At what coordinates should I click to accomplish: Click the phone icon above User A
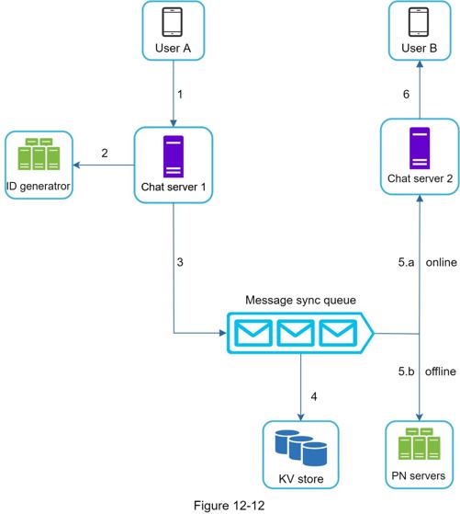point(173,22)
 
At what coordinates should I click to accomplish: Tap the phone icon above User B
point(419,22)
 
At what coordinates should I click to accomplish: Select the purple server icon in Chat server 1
point(174,156)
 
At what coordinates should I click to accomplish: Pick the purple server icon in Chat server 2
point(420,148)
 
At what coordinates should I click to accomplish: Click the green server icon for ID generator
point(39,154)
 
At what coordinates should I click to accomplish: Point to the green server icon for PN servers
point(420,443)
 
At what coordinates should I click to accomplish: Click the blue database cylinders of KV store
point(301,448)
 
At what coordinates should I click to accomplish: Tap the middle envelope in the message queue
point(296,333)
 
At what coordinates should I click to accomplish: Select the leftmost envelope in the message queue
point(253,333)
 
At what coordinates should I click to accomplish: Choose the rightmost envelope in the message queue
point(338,333)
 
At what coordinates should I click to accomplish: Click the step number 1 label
point(180,95)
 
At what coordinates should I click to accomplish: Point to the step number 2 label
point(105,153)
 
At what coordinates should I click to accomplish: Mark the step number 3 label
point(180,262)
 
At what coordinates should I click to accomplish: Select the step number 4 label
point(314,397)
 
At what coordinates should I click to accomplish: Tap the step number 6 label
point(406,95)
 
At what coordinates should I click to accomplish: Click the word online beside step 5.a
point(442,262)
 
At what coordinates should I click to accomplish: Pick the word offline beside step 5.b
point(441,371)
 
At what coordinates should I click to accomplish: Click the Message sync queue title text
point(300,300)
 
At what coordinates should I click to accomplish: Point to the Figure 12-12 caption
point(230,506)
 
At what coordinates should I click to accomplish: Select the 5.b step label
point(407,371)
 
